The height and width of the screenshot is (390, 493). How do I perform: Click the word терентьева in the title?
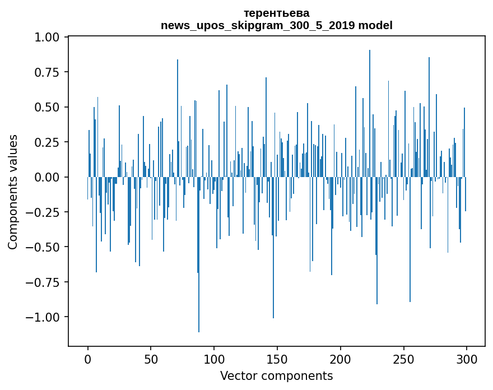click(276, 13)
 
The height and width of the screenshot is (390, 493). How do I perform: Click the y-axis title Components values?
click(13, 192)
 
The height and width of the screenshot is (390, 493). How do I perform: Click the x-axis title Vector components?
click(276, 376)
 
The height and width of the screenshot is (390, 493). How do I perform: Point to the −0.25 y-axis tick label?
click(45, 212)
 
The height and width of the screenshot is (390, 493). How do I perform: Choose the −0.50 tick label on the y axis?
click(45, 247)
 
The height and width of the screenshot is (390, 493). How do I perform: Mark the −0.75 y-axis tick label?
click(45, 282)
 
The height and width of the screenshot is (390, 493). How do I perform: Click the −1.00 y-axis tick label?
click(45, 317)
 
